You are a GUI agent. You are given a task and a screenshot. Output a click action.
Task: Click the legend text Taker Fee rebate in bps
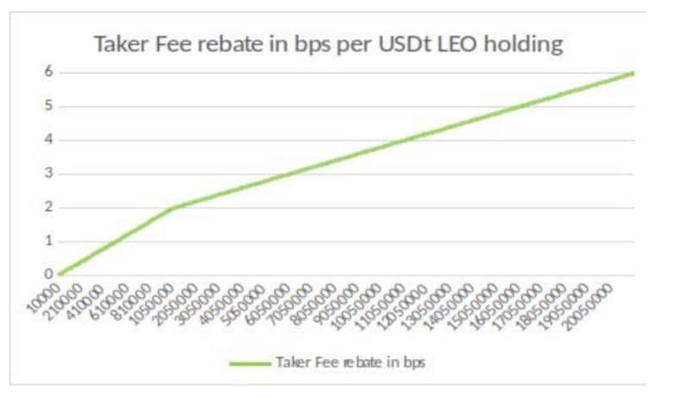(x=350, y=364)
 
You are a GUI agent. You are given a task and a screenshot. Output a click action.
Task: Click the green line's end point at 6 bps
(x=634, y=73)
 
